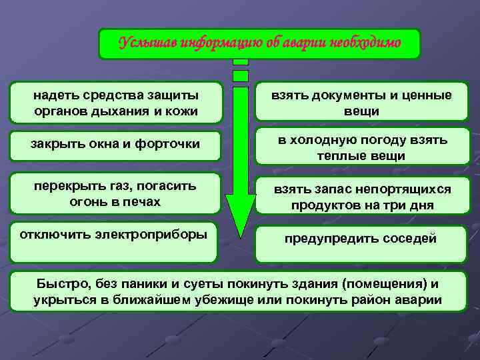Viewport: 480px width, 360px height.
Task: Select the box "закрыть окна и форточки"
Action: [116, 146]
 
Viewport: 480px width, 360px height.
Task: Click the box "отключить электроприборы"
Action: [113, 241]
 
